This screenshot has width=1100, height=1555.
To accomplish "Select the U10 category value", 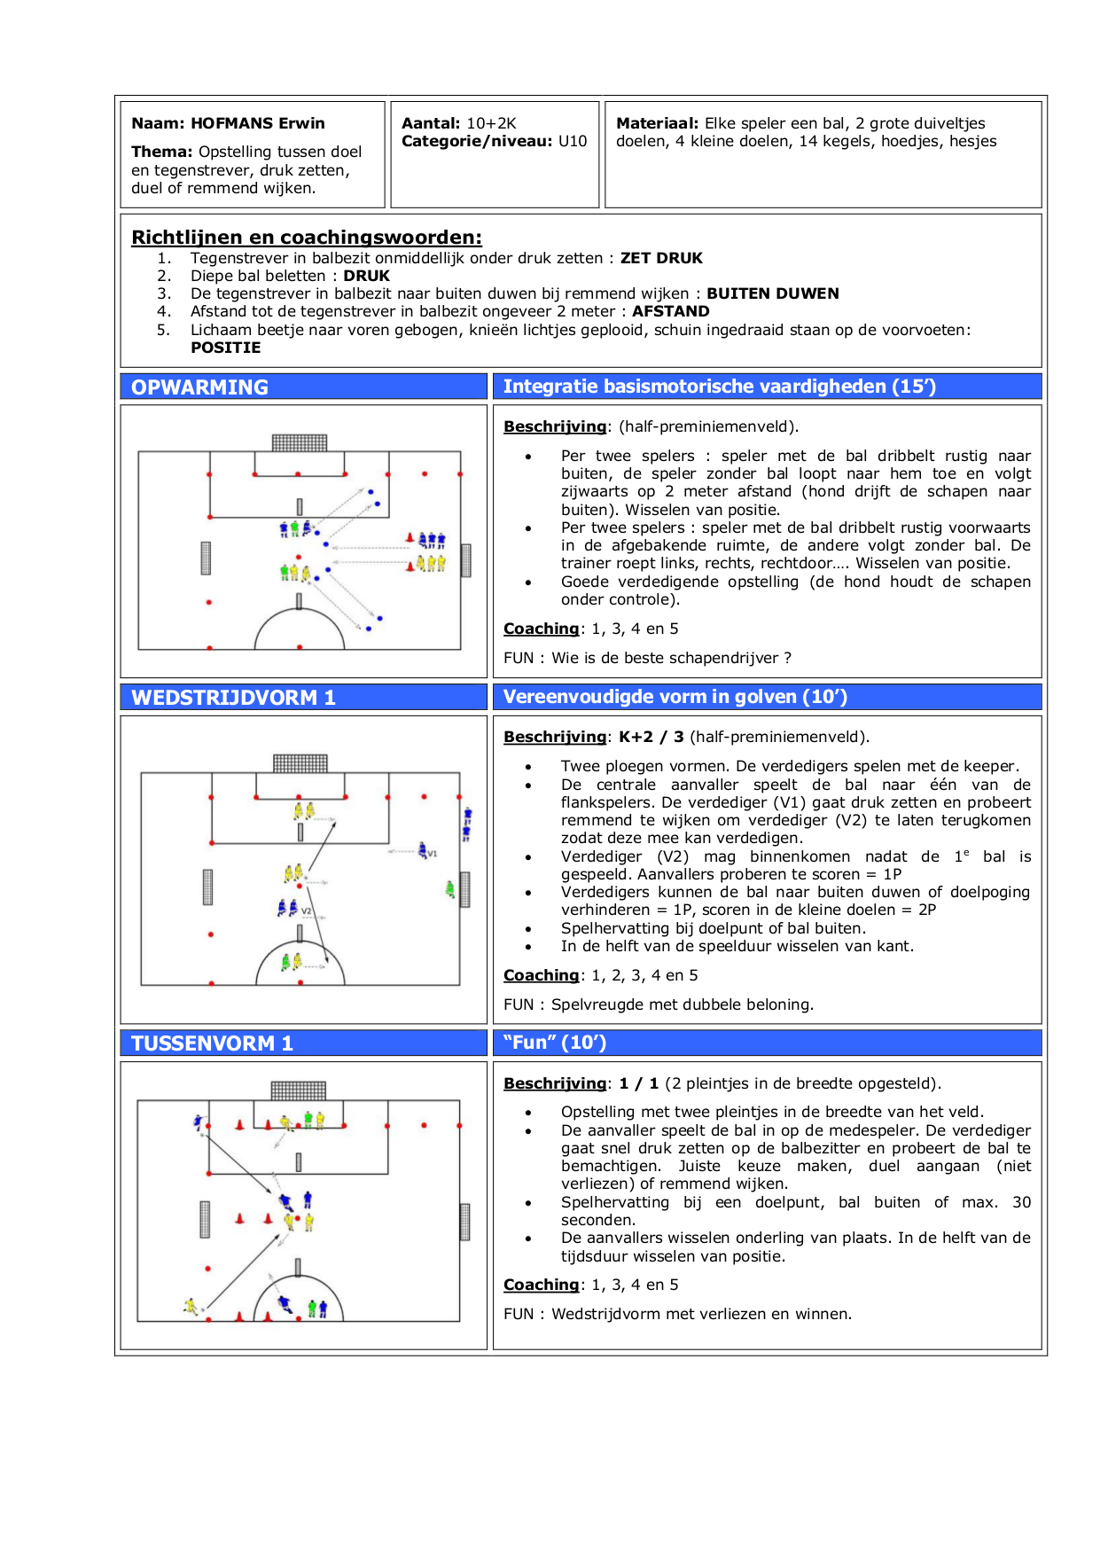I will tap(573, 141).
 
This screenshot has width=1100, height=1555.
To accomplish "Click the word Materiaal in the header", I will tap(657, 123).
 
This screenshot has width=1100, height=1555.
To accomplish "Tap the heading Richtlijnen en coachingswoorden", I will tap(307, 237).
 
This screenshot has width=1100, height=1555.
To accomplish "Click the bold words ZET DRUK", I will tap(661, 258).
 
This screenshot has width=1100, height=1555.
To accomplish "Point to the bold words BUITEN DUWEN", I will tap(772, 293).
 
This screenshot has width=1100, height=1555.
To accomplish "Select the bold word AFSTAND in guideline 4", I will tap(670, 311).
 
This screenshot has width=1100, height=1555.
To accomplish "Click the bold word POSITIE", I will tap(225, 348).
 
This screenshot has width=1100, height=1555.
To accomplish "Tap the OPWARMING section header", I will tap(199, 387).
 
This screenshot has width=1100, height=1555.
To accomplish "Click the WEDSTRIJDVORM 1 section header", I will tap(233, 698).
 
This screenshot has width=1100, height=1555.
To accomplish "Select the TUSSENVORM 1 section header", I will tap(212, 1043).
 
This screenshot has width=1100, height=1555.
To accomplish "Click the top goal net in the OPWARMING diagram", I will tap(300, 442).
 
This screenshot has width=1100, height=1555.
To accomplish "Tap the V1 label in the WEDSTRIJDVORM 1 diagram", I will tap(433, 854).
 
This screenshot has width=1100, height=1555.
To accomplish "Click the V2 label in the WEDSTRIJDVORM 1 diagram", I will tap(307, 910).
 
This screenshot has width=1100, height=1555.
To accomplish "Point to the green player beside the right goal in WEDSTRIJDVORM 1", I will tap(450, 888).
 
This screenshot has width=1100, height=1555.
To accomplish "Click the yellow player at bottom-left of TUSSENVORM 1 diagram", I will tap(190, 1305).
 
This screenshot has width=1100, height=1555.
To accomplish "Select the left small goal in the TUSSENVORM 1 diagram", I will tap(205, 1219).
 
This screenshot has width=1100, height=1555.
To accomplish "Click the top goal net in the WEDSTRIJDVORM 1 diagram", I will tap(300, 762).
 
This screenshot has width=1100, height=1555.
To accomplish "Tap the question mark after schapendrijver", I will tap(787, 658).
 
